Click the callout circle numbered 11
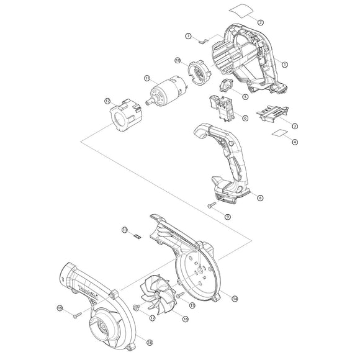147,78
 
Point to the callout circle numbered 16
185,318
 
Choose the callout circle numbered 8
260,197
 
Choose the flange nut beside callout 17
135,307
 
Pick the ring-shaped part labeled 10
200,69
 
